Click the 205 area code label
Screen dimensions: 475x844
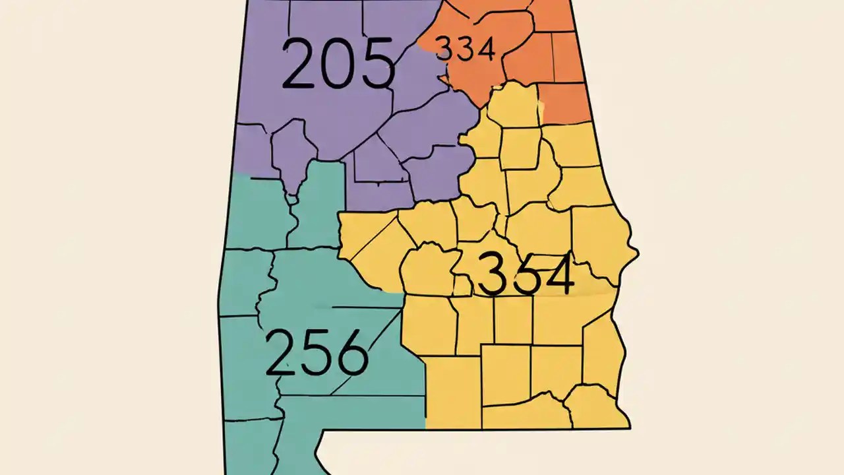tap(338, 64)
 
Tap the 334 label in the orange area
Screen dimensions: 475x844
tap(466, 49)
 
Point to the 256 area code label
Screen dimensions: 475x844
tap(316, 352)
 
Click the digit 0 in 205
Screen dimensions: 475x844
tap(338, 65)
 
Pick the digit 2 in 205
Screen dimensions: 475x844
tap(299, 64)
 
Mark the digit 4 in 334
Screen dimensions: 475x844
tap(485, 49)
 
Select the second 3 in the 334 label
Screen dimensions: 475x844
tap(465, 49)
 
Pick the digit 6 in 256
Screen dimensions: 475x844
tap(351, 354)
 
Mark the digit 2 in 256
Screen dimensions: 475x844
tap(282, 353)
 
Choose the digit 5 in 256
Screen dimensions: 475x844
tap(316, 353)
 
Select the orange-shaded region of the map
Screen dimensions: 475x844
tap(527, 59)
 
